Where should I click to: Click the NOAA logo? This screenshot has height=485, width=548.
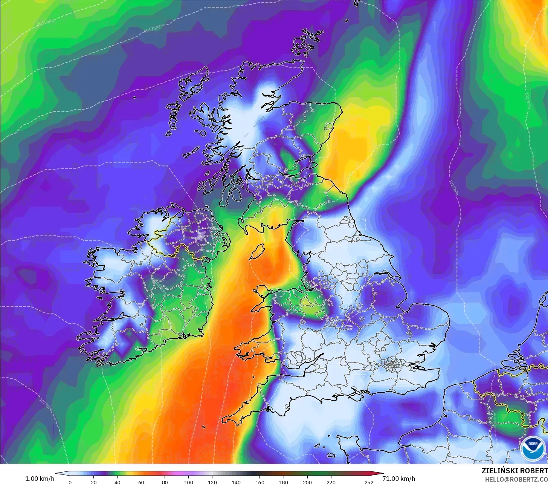coord(532,448)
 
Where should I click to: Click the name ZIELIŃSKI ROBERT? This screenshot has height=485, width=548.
coord(514,471)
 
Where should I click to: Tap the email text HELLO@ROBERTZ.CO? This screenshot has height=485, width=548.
coord(516,479)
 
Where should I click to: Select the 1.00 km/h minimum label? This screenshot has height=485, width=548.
coord(40,479)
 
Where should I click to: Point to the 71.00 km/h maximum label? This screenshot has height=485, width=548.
coord(398,479)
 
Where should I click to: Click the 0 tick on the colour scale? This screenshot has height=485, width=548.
coord(70,482)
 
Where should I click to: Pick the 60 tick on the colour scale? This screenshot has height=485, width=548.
coord(141,482)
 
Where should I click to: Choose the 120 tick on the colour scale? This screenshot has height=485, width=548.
coord(212,482)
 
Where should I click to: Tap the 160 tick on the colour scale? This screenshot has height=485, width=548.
coord(260,482)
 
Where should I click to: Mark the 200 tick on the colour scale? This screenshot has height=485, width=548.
coord(307,482)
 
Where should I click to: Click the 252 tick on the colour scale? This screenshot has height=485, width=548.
coord(369,482)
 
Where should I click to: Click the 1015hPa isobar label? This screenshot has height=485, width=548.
coord(46,22)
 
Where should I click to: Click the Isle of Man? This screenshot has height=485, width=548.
coord(257,251)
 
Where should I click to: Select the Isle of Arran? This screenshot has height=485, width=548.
coord(236,194)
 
